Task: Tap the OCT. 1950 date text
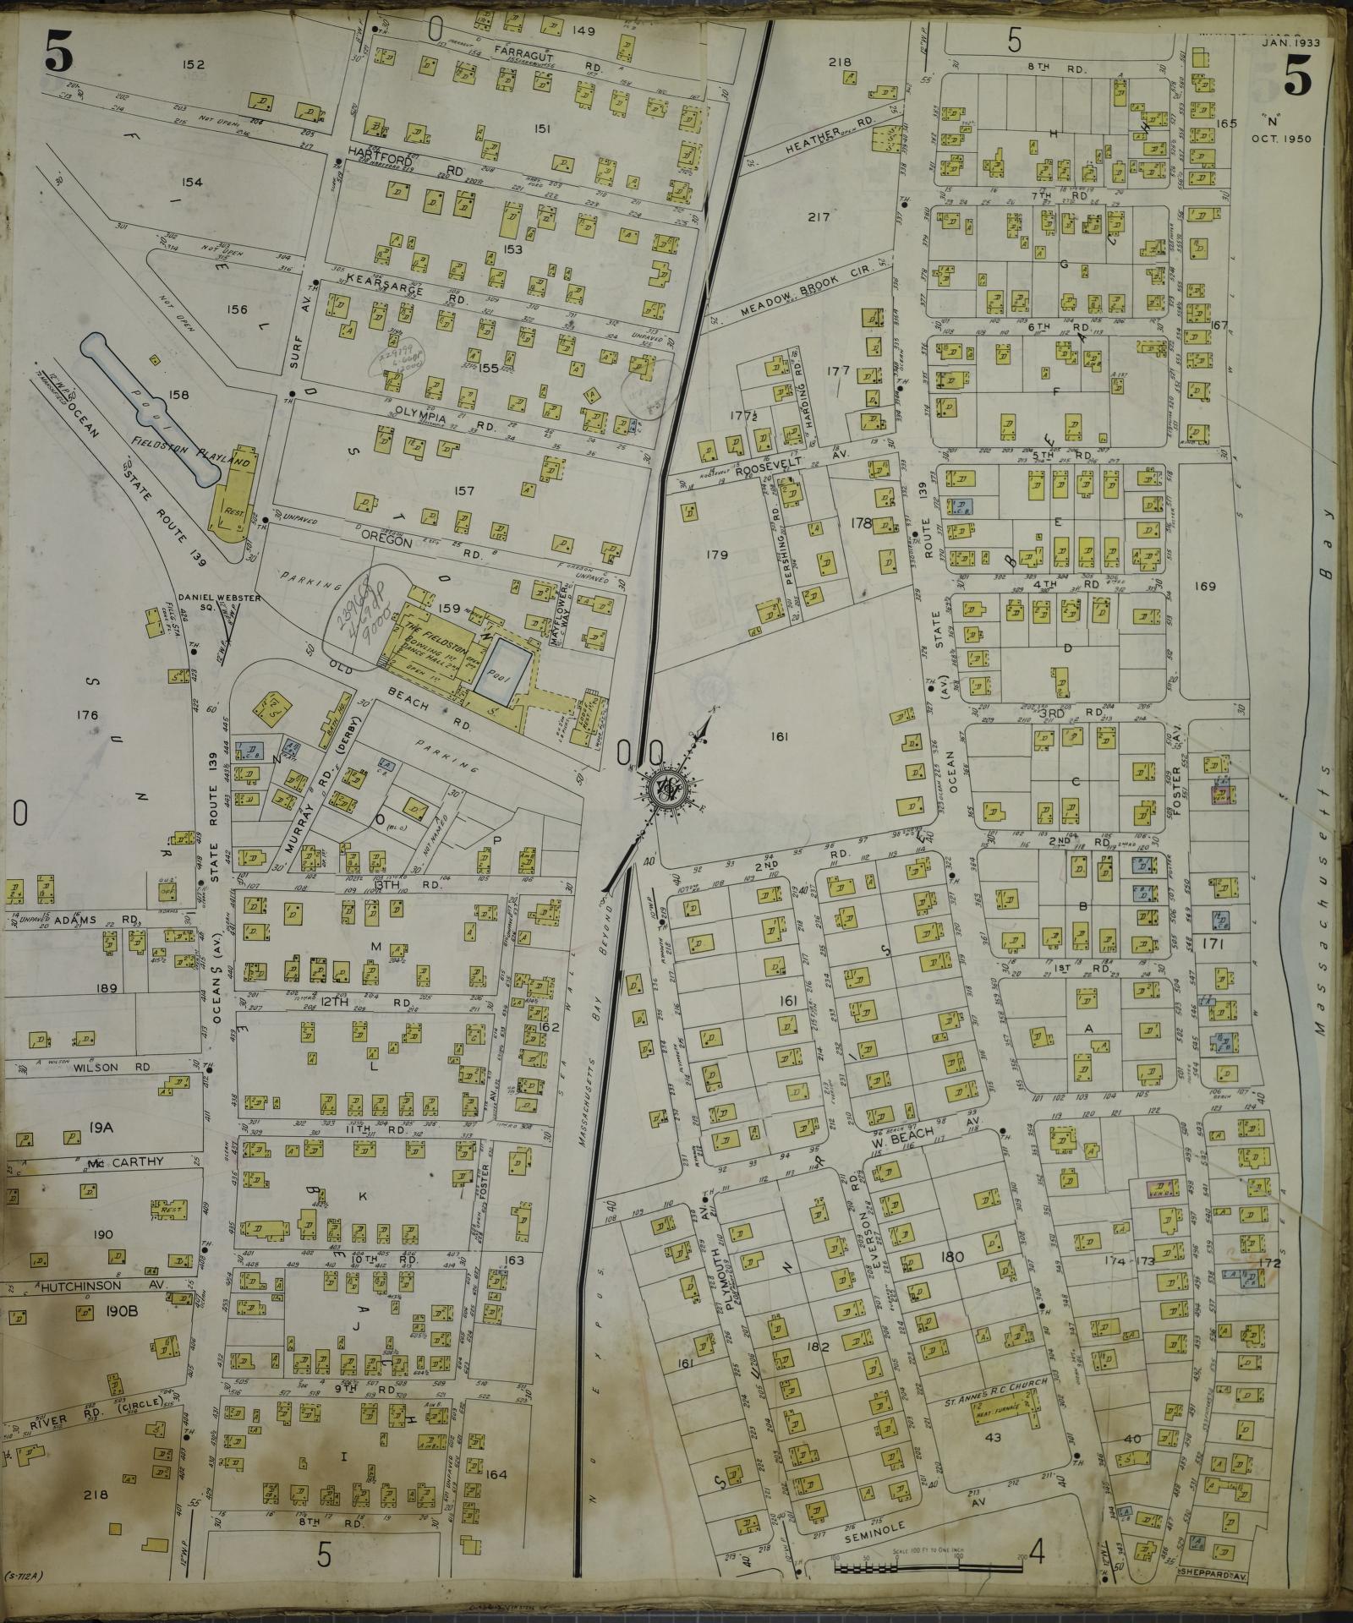pos(1284,139)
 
